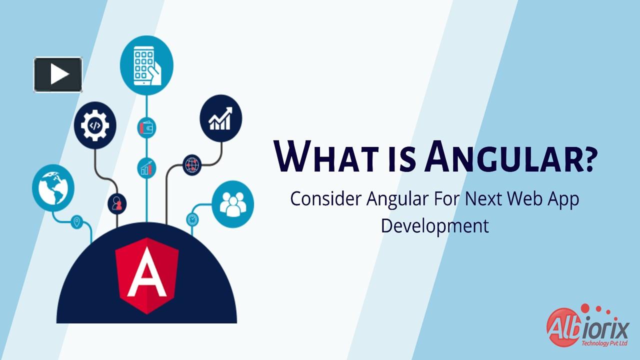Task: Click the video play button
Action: [58, 74]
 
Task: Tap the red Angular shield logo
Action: [146, 274]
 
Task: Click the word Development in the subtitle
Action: [434, 225]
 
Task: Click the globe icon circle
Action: [53, 188]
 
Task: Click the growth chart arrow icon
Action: [220, 118]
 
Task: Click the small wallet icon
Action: [146, 128]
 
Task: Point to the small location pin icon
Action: [76, 221]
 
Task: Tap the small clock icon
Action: [192, 219]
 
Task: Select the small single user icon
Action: [117, 203]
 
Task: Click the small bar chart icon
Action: [146, 168]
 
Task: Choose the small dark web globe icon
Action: [192, 163]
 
